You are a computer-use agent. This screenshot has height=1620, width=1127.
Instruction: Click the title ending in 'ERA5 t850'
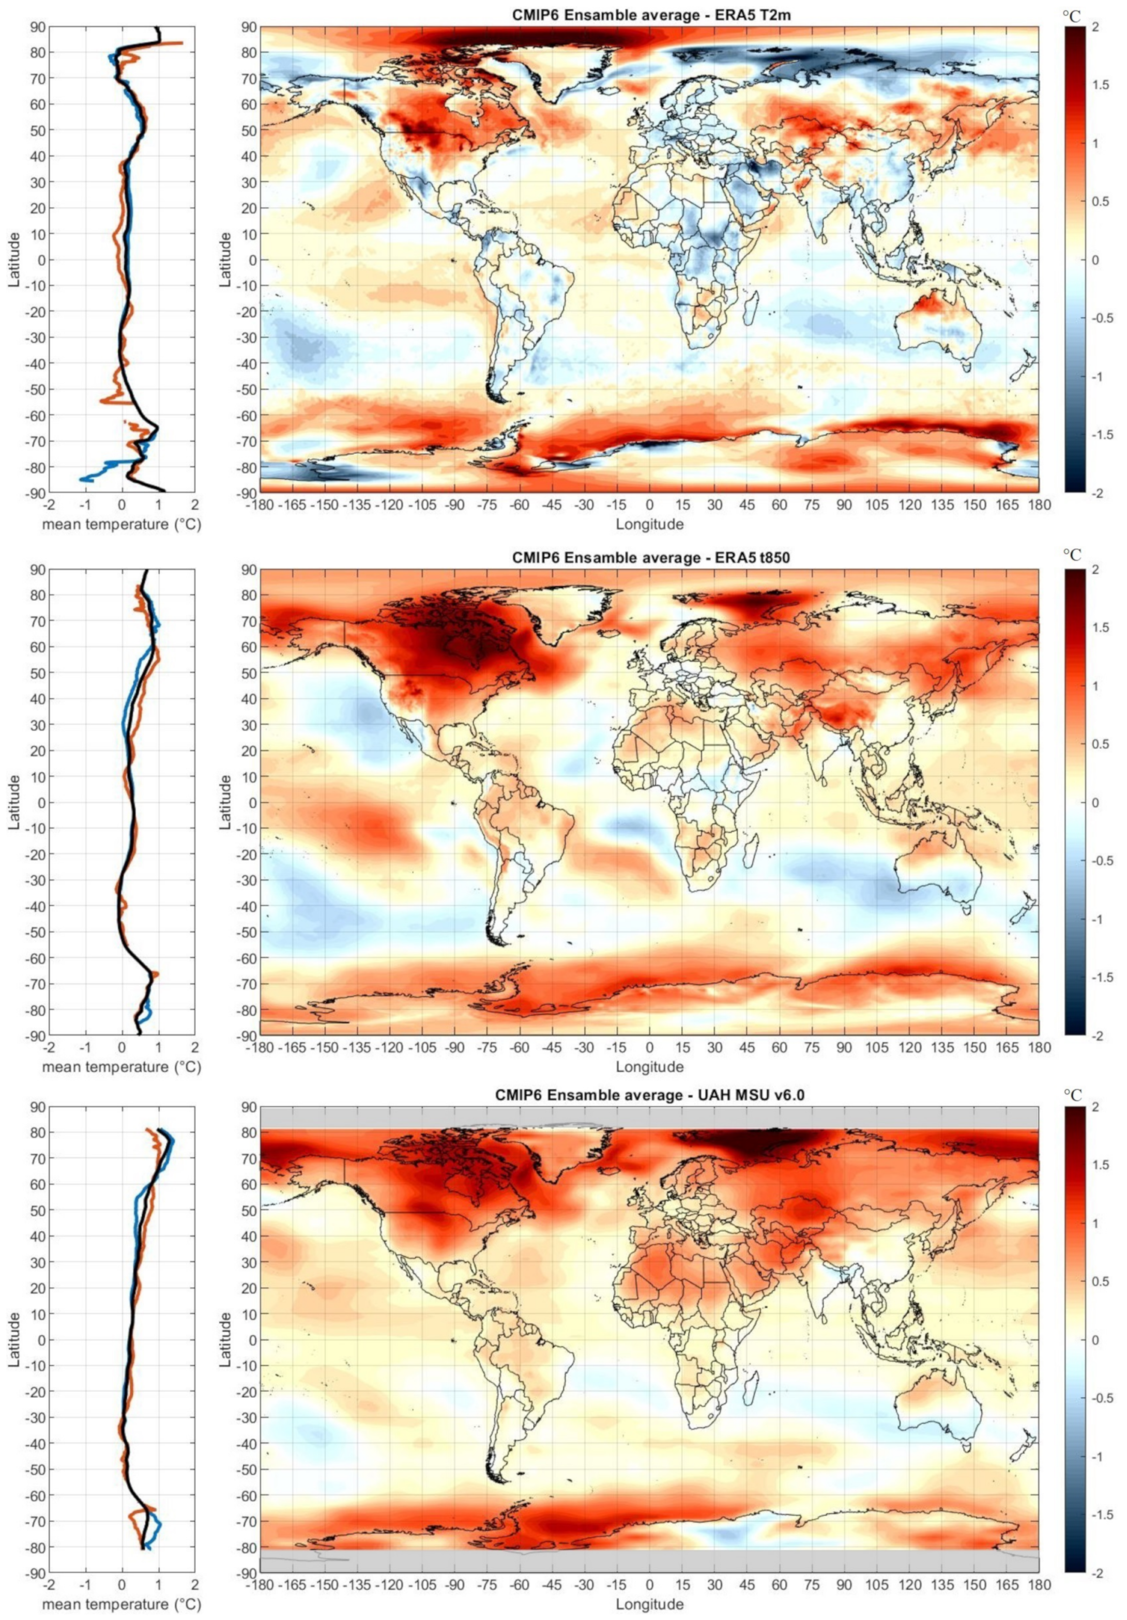click(x=649, y=557)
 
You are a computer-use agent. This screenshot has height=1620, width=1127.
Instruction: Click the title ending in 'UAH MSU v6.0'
click(x=649, y=1094)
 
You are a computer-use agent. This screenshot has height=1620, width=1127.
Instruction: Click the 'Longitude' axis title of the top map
click(x=649, y=524)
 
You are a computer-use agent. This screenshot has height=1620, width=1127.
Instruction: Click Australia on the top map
click(x=939, y=328)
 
